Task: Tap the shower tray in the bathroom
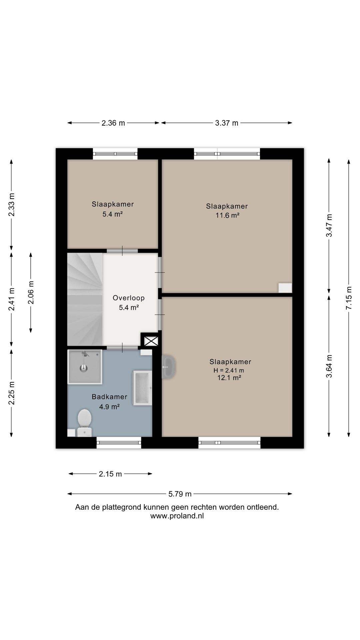click(x=85, y=366)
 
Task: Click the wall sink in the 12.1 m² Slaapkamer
click(x=169, y=367)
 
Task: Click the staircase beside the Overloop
click(x=85, y=299)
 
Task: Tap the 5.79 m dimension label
click(x=180, y=494)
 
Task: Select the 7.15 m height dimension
click(x=349, y=298)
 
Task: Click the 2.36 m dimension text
click(x=113, y=123)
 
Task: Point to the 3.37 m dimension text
click(x=227, y=123)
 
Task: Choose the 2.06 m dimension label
click(x=31, y=292)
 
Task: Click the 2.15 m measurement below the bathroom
click(x=110, y=474)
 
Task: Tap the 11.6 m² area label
click(x=227, y=215)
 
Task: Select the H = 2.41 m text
click(x=229, y=370)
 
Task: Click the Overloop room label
click(x=129, y=298)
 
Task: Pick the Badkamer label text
click(x=109, y=397)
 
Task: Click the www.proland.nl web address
click(x=177, y=516)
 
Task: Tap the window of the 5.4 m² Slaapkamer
click(x=115, y=154)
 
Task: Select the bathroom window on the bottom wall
click(x=119, y=443)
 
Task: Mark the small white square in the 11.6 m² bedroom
click(x=285, y=288)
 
